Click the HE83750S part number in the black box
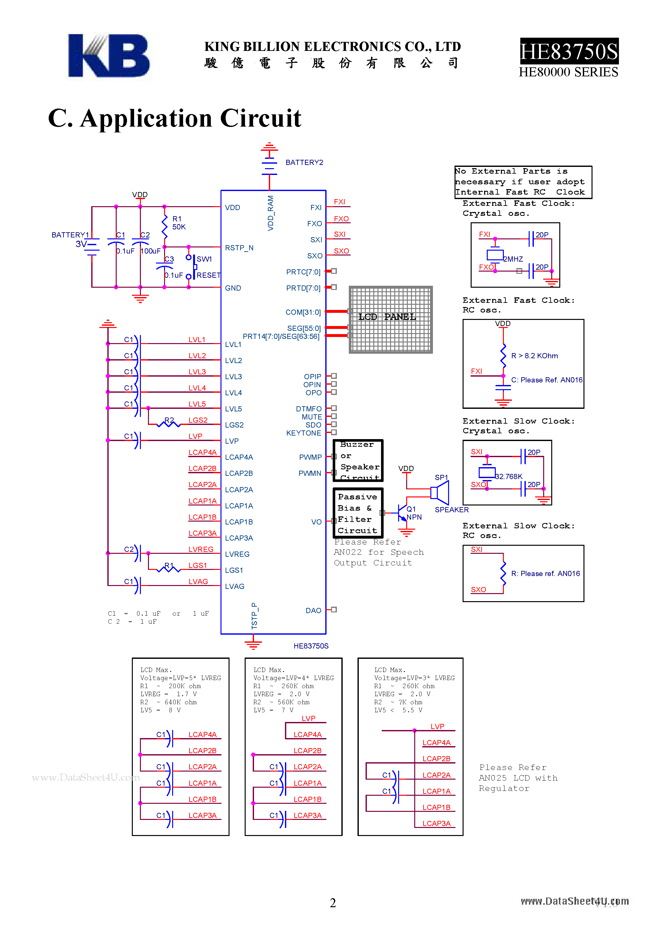point(569,52)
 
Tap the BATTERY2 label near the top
point(304,162)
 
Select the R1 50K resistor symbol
point(165,226)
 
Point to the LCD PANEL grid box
point(390,320)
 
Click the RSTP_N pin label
point(239,248)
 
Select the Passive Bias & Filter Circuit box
point(357,513)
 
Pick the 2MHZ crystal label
point(513,259)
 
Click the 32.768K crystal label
point(509,476)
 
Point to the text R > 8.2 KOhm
point(534,356)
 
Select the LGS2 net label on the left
point(198,420)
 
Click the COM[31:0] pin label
point(303,312)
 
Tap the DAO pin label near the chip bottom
point(313,610)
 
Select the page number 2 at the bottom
point(333,903)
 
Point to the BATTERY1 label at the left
point(70,235)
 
